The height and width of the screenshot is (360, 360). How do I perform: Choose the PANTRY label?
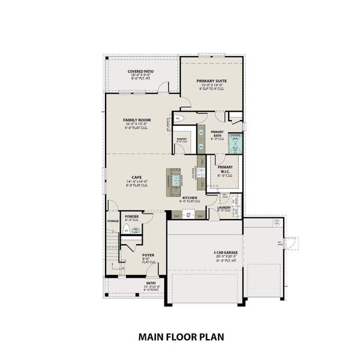182,140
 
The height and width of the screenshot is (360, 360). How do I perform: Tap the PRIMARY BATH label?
217,134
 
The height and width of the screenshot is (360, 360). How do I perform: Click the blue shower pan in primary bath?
235,143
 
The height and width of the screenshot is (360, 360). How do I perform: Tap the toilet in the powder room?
126,229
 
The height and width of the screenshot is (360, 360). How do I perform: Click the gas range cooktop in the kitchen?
202,172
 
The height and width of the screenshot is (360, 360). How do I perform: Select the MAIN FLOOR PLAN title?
181,337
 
